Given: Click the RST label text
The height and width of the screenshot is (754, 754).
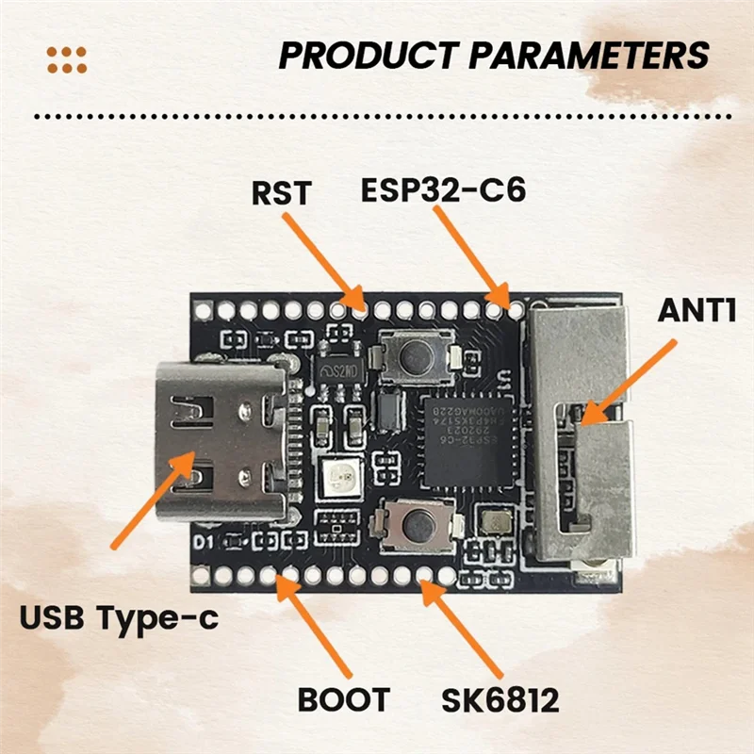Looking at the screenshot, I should click(280, 194).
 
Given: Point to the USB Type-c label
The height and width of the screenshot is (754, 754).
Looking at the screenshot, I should click(117, 618).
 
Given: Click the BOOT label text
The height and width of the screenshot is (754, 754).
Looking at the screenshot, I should click(344, 700).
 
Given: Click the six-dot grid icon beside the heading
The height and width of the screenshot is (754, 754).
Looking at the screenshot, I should click(66, 58).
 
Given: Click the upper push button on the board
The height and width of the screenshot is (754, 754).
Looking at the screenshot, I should click(415, 357).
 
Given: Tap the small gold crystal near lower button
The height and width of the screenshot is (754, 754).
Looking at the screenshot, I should click(494, 521).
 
